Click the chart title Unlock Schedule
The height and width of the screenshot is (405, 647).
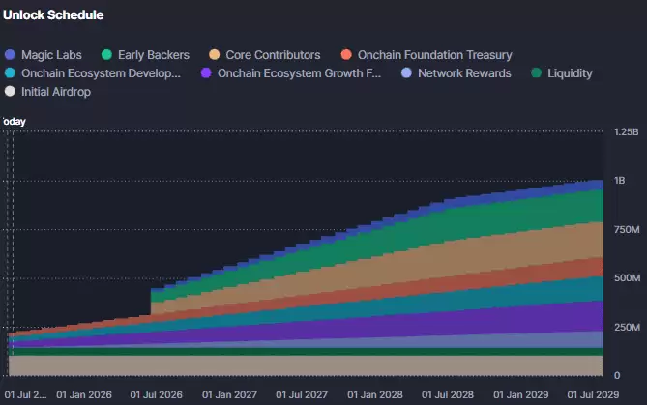54,15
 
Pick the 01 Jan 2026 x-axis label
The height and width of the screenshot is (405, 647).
87,394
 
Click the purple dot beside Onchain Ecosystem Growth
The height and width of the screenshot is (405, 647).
206,73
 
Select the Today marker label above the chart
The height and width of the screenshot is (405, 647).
14,121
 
